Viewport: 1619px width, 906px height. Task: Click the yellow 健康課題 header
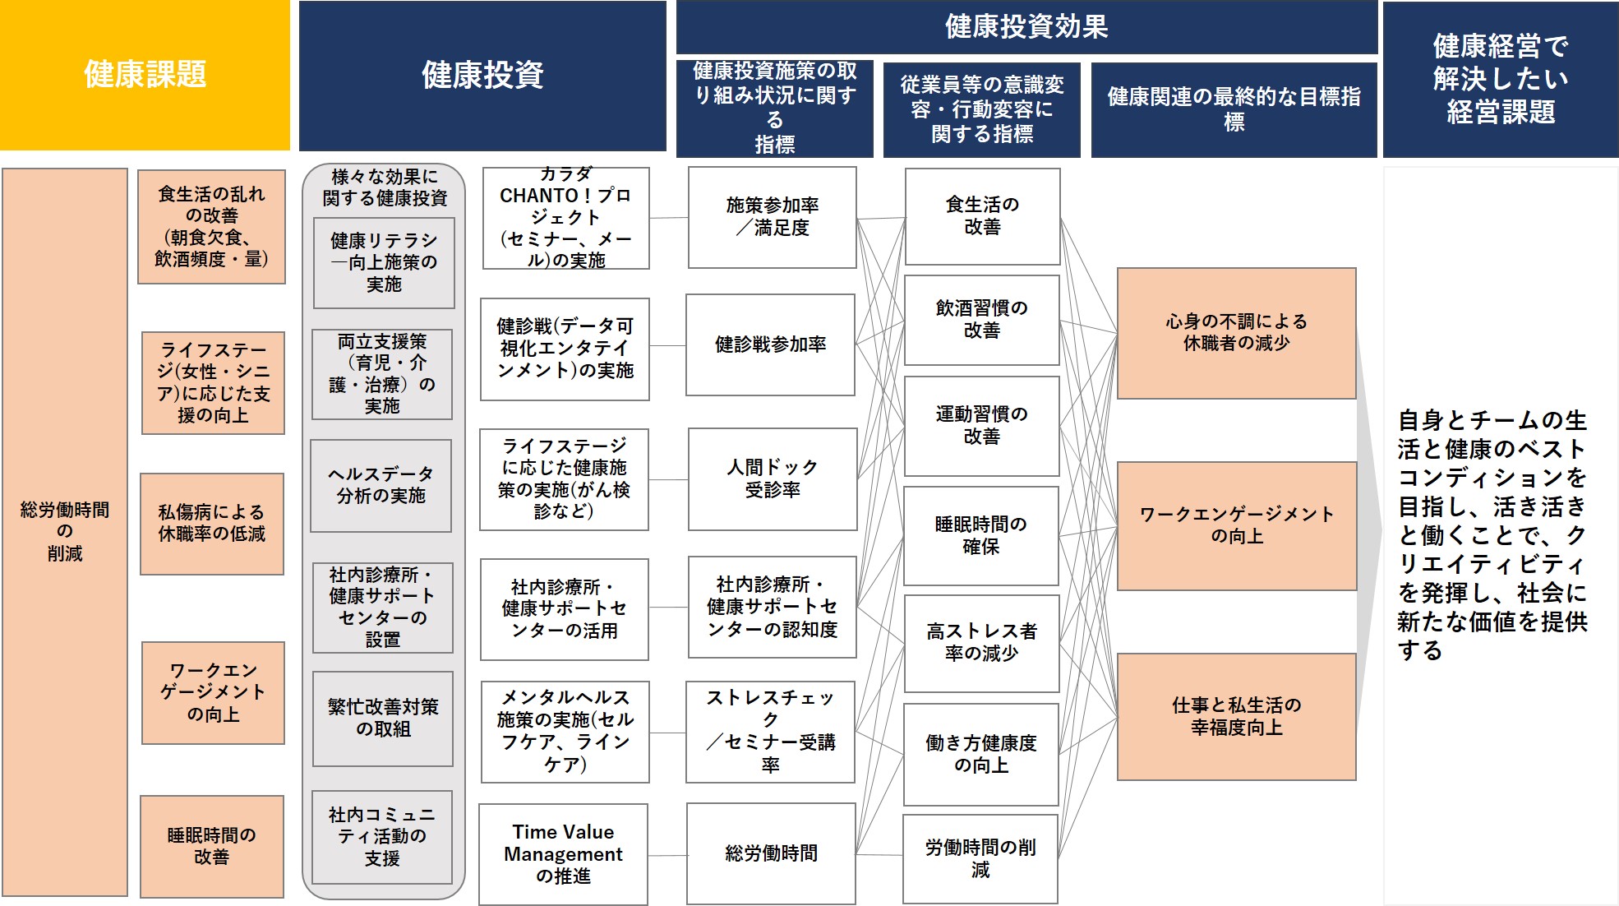click(145, 75)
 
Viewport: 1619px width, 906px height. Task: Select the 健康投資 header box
click(482, 76)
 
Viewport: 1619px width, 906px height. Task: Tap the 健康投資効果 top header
click(1026, 27)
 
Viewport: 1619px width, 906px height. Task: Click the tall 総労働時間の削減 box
click(65, 532)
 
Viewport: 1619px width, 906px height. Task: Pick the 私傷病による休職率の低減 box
click(212, 524)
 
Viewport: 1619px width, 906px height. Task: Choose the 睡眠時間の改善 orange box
click(212, 846)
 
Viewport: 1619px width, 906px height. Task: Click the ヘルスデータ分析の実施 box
click(381, 485)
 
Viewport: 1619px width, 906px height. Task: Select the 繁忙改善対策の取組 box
click(383, 719)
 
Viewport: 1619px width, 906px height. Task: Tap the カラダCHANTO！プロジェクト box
click(566, 218)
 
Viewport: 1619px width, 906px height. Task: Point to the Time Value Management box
click(563, 854)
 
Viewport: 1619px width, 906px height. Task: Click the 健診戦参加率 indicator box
click(771, 344)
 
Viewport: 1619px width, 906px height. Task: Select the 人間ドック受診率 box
click(773, 478)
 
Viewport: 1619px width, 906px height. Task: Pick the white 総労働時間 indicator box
click(771, 853)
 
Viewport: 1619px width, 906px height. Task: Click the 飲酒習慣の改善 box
click(982, 320)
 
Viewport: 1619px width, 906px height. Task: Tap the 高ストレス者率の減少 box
click(982, 643)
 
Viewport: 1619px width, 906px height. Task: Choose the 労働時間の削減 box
click(980, 859)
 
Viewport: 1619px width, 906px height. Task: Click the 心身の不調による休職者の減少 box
click(1237, 333)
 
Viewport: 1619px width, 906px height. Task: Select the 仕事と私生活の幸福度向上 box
click(1237, 716)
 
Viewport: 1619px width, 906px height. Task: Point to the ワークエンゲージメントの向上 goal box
click(1237, 525)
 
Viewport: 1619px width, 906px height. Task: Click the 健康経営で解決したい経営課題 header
click(1501, 79)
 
